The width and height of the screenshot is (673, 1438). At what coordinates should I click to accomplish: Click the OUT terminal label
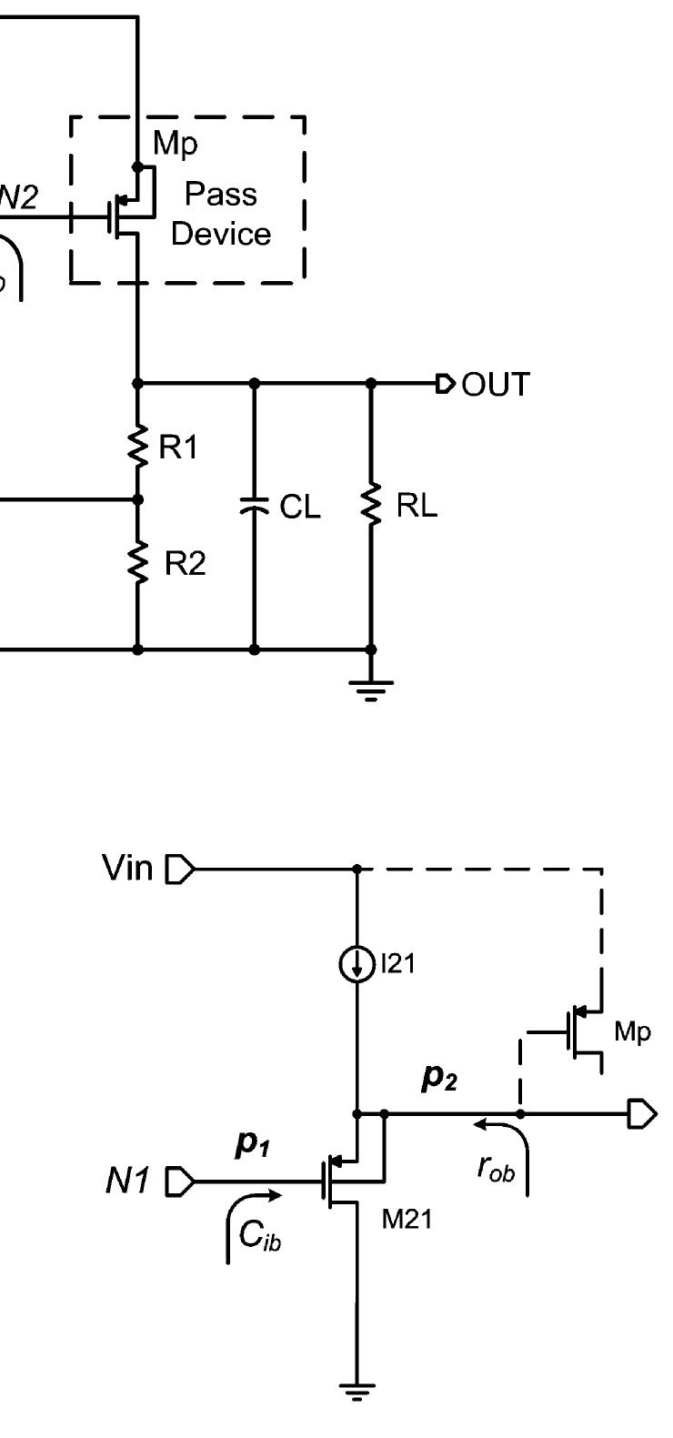(495, 385)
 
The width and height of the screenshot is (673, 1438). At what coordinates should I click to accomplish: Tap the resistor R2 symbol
(138, 564)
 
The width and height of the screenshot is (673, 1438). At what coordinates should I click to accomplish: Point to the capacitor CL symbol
(255, 508)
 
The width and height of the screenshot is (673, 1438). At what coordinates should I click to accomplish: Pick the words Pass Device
(221, 215)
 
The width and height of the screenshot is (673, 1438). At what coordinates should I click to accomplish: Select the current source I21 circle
(357, 965)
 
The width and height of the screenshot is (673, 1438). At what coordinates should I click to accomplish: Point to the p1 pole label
(252, 1144)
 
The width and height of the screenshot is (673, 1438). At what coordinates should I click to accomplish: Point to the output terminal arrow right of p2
(640, 1113)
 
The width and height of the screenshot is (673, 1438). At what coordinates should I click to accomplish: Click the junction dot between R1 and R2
(138, 499)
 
